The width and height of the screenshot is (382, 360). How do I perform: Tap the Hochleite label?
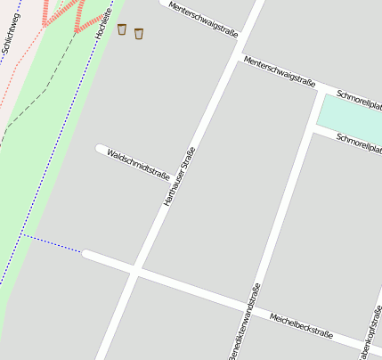click(104, 20)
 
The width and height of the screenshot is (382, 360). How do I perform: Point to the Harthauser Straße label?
click(179, 177)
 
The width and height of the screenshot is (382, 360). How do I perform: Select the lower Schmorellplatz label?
click(360, 143)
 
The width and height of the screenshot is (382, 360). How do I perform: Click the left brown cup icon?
click(122, 29)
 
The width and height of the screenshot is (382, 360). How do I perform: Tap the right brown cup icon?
click(139, 34)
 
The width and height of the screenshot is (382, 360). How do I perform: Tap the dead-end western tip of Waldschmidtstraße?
click(100, 148)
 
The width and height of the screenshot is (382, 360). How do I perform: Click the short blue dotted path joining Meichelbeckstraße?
click(53, 243)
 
